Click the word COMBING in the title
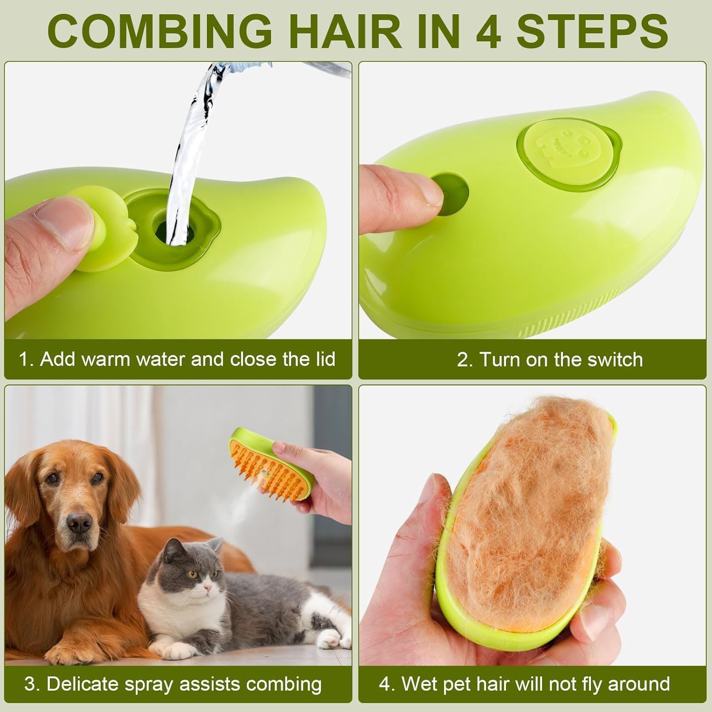point(159,31)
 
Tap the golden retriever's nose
point(79,523)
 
